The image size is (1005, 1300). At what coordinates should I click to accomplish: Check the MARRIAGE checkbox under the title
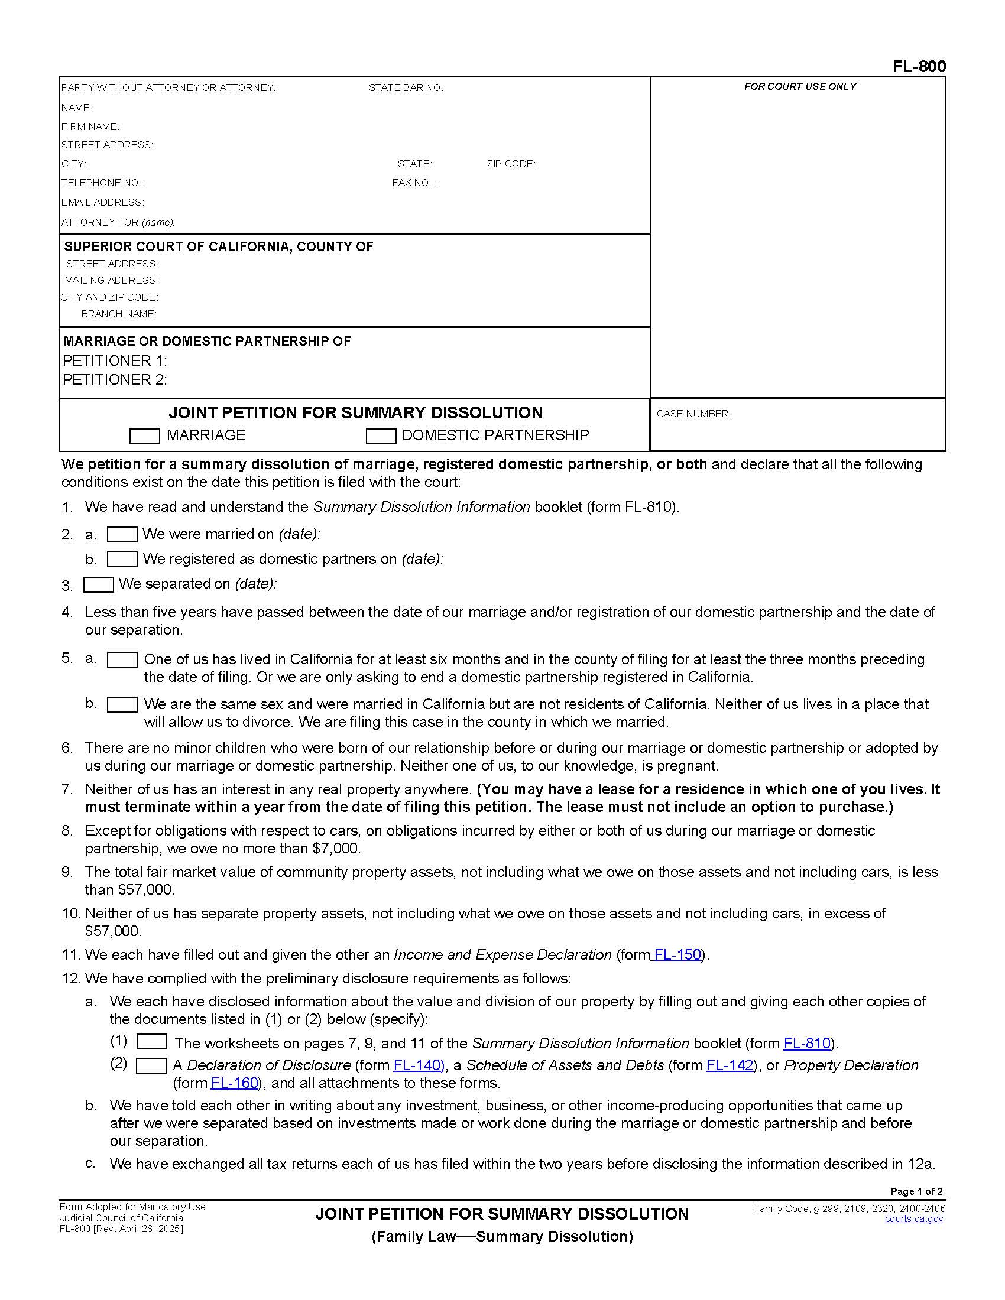tap(144, 436)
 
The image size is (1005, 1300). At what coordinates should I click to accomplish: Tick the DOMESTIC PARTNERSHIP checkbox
tap(381, 436)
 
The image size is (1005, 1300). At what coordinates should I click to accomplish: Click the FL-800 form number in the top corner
tap(919, 67)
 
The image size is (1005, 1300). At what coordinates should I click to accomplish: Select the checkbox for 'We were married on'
tap(122, 535)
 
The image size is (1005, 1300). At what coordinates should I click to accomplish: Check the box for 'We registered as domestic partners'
tap(122, 560)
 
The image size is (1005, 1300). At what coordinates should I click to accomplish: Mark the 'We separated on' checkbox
tap(98, 584)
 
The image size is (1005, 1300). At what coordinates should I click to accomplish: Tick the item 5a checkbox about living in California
tap(122, 659)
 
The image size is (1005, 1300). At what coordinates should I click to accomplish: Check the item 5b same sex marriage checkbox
tap(122, 705)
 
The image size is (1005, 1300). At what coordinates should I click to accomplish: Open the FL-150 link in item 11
tap(677, 955)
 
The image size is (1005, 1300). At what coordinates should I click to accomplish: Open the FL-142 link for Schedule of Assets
tap(730, 1065)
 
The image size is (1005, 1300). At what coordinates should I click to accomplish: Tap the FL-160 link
tap(235, 1083)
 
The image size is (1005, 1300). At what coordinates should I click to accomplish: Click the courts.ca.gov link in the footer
tap(913, 1219)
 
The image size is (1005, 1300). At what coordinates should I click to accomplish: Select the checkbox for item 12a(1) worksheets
tap(151, 1042)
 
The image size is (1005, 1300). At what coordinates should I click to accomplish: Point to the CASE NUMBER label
tap(693, 414)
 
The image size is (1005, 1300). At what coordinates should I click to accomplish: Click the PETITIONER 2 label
tap(114, 380)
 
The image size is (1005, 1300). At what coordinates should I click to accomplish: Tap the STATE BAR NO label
tap(406, 88)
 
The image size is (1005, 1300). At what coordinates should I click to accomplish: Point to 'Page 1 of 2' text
tap(916, 1191)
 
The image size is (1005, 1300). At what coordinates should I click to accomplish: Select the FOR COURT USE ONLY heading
tap(800, 87)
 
